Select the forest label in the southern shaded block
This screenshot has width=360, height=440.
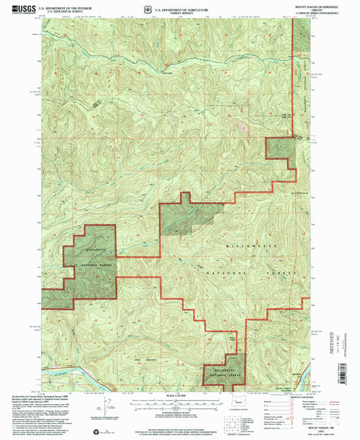[223, 372]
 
